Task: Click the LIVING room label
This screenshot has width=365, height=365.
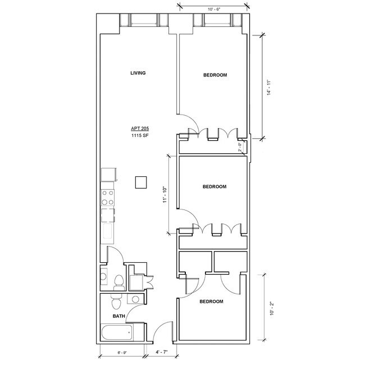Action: coord(138,73)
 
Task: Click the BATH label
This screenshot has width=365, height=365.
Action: coord(118,316)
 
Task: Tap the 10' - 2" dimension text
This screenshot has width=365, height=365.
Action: coord(272,308)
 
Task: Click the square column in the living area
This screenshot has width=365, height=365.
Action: coord(141,182)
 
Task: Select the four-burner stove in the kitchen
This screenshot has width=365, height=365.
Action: coord(107,198)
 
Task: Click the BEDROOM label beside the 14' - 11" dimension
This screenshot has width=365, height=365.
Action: coord(215,75)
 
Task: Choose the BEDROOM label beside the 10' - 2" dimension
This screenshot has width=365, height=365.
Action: coord(211,302)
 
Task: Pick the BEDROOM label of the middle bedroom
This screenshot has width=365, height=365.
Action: coord(214,186)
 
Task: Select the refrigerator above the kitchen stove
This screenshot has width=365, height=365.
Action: coord(107,175)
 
